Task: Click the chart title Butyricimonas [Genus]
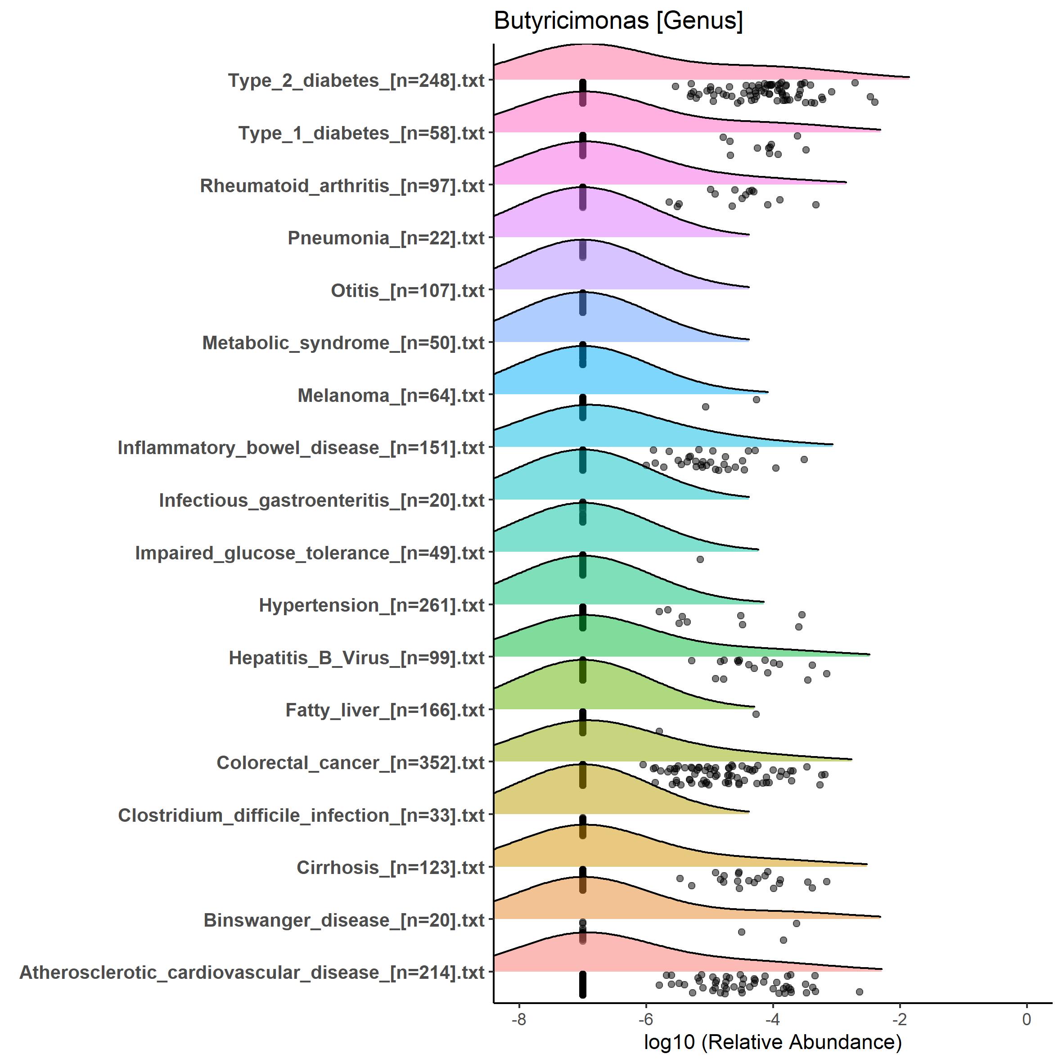[x=618, y=22]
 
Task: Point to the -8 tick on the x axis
[x=518, y=1019]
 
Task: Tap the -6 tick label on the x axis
[x=645, y=1019]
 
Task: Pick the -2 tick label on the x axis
[x=899, y=1019]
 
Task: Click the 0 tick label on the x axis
[x=1026, y=1019]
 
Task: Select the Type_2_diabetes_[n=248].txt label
[x=356, y=81]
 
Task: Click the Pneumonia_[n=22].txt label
[x=386, y=238]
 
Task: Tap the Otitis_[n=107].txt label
[x=407, y=291]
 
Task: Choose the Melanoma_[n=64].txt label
[x=391, y=396]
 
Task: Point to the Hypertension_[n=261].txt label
[x=371, y=605]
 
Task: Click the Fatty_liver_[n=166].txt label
[x=385, y=710]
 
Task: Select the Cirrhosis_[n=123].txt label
[x=390, y=868]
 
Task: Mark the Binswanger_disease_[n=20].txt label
[x=344, y=920]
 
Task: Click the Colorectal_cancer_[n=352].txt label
[x=351, y=762]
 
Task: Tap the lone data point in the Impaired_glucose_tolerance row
[x=700, y=559]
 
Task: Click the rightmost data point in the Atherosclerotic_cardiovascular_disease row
[x=859, y=991]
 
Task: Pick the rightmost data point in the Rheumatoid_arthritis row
[x=815, y=205]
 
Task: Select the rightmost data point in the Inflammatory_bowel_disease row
[x=804, y=459]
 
